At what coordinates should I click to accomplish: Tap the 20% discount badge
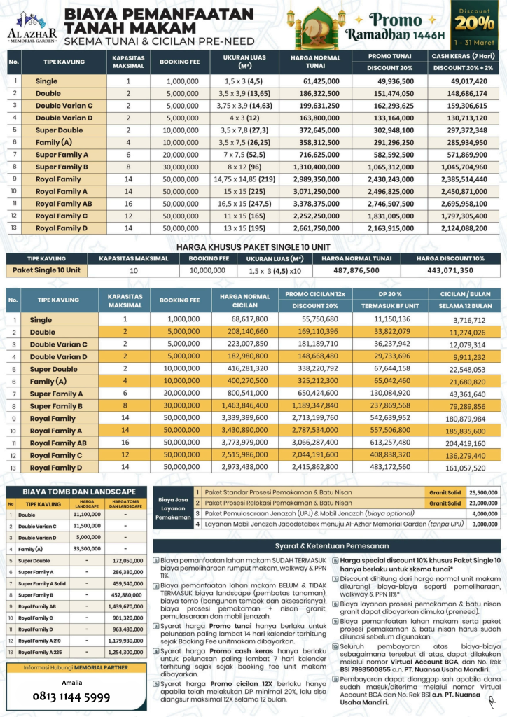(480, 22)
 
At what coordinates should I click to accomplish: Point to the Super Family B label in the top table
(62, 167)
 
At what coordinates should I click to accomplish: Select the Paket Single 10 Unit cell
(47, 270)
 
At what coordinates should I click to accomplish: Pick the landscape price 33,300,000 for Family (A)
(88, 550)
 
